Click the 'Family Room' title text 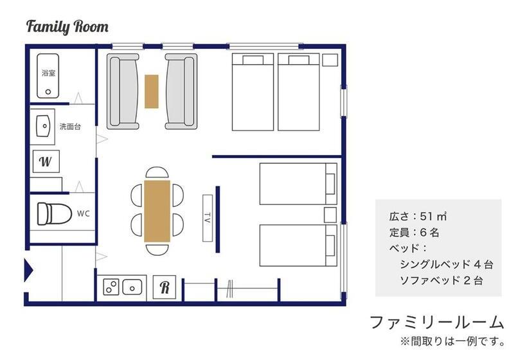pyautogui.click(x=67, y=27)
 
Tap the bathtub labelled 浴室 pyautogui.click(x=48, y=76)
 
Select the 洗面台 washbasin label pyautogui.click(x=70, y=127)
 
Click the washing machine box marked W pyautogui.click(x=46, y=161)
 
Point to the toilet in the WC pyautogui.click(x=54, y=213)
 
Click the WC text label pyautogui.click(x=84, y=214)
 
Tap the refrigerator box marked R pyautogui.click(x=165, y=287)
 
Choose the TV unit pyautogui.click(x=208, y=218)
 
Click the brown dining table pyautogui.click(x=157, y=211)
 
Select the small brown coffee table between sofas pyautogui.click(x=152, y=91)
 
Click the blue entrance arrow pyautogui.click(x=28, y=269)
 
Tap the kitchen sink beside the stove pyautogui.click(x=132, y=287)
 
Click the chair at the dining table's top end pyautogui.click(x=157, y=172)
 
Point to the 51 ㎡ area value pyautogui.click(x=433, y=217)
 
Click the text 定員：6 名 pyautogui.click(x=415, y=232)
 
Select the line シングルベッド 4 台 pyautogui.click(x=446, y=265)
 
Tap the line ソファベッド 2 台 pyautogui.click(x=442, y=280)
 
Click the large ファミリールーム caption pyautogui.click(x=437, y=322)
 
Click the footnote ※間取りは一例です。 pyautogui.click(x=452, y=341)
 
